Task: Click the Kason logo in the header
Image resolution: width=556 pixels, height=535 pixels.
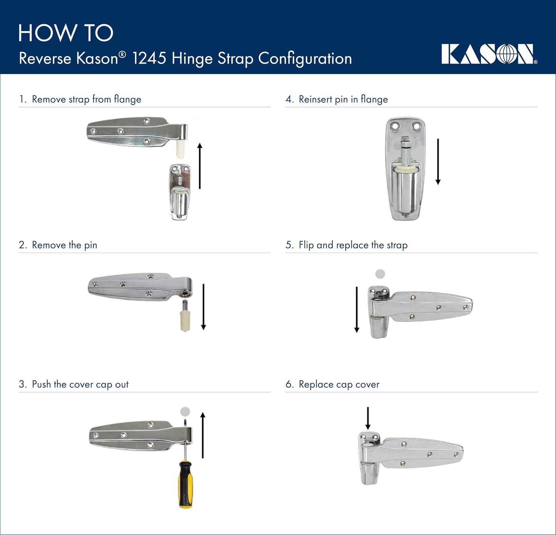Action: click(489, 54)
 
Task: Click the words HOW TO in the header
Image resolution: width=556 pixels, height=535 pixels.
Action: click(66, 33)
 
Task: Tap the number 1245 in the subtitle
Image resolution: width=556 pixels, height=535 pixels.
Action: click(149, 59)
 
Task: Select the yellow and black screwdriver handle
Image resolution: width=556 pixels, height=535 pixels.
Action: click(185, 485)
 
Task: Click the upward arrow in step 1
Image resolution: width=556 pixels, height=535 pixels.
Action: click(200, 166)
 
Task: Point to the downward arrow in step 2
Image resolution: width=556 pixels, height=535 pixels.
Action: click(204, 307)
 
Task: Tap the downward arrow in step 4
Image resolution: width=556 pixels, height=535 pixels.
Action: click(438, 162)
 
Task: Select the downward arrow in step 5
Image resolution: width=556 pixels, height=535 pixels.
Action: click(357, 309)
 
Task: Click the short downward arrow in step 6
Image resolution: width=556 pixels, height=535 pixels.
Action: click(368, 418)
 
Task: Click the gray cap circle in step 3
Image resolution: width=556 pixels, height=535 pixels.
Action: click(185, 412)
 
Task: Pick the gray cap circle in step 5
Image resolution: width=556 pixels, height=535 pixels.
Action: click(380, 274)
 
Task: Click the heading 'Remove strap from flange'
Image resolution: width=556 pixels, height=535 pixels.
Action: click(86, 99)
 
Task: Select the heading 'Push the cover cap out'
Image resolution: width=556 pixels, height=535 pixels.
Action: click(80, 384)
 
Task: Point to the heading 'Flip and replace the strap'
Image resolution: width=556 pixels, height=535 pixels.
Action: click(353, 245)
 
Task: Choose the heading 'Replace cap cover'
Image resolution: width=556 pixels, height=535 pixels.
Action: click(339, 384)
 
